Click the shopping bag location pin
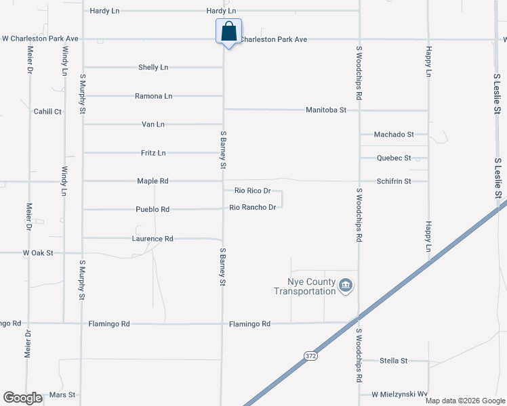pyautogui.click(x=229, y=32)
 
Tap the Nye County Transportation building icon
pyautogui.click(x=346, y=286)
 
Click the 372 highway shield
pyautogui.click(x=310, y=355)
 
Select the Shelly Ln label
pyautogui.click(x=153, y=68)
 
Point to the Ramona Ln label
pyautogui.click(x=153, y=96)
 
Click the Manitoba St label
pyautogui.click(x=326, y=110)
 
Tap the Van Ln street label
pyautogui.click(x=153, y=125)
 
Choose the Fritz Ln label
pyautogui.click(x=153, y=153)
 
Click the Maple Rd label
pyautogui.click(x=153, y=181)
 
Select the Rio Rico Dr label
pyautogui.click(x=253, y=191)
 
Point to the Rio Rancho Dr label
pyautogui.click(x=253, y=207)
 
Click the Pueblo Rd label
pyautogui.click(x=151, y=210)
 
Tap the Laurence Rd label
pyautogui.click(x=153, y=239)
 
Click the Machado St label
pyautogui.click(x=394, y=135)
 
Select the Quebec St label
pyautogui.click(x=394, y=158)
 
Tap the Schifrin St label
pyautogui.click(x=394, y=181)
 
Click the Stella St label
pyautogui.click(x=394, y=361)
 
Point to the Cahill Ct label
pyautogui.click(x=47, y=112)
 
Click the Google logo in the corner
pyautogui.click(x=23, y=398)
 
